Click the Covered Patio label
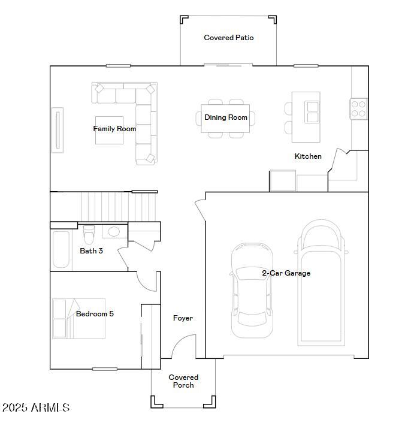click(228, 38)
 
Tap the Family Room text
click(114, 129)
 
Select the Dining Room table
click(226, 117)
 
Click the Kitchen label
click(308, 156)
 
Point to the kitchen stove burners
click(358, 108)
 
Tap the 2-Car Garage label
click(286, 273)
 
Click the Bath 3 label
click(91, 251)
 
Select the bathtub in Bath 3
click(61, 250)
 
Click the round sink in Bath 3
click(113, 231)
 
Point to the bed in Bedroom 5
click(78, 318)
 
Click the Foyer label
click(183, 318)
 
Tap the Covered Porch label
click(183, 381)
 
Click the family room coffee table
click(109, 131)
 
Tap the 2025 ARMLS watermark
click(36, 408)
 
